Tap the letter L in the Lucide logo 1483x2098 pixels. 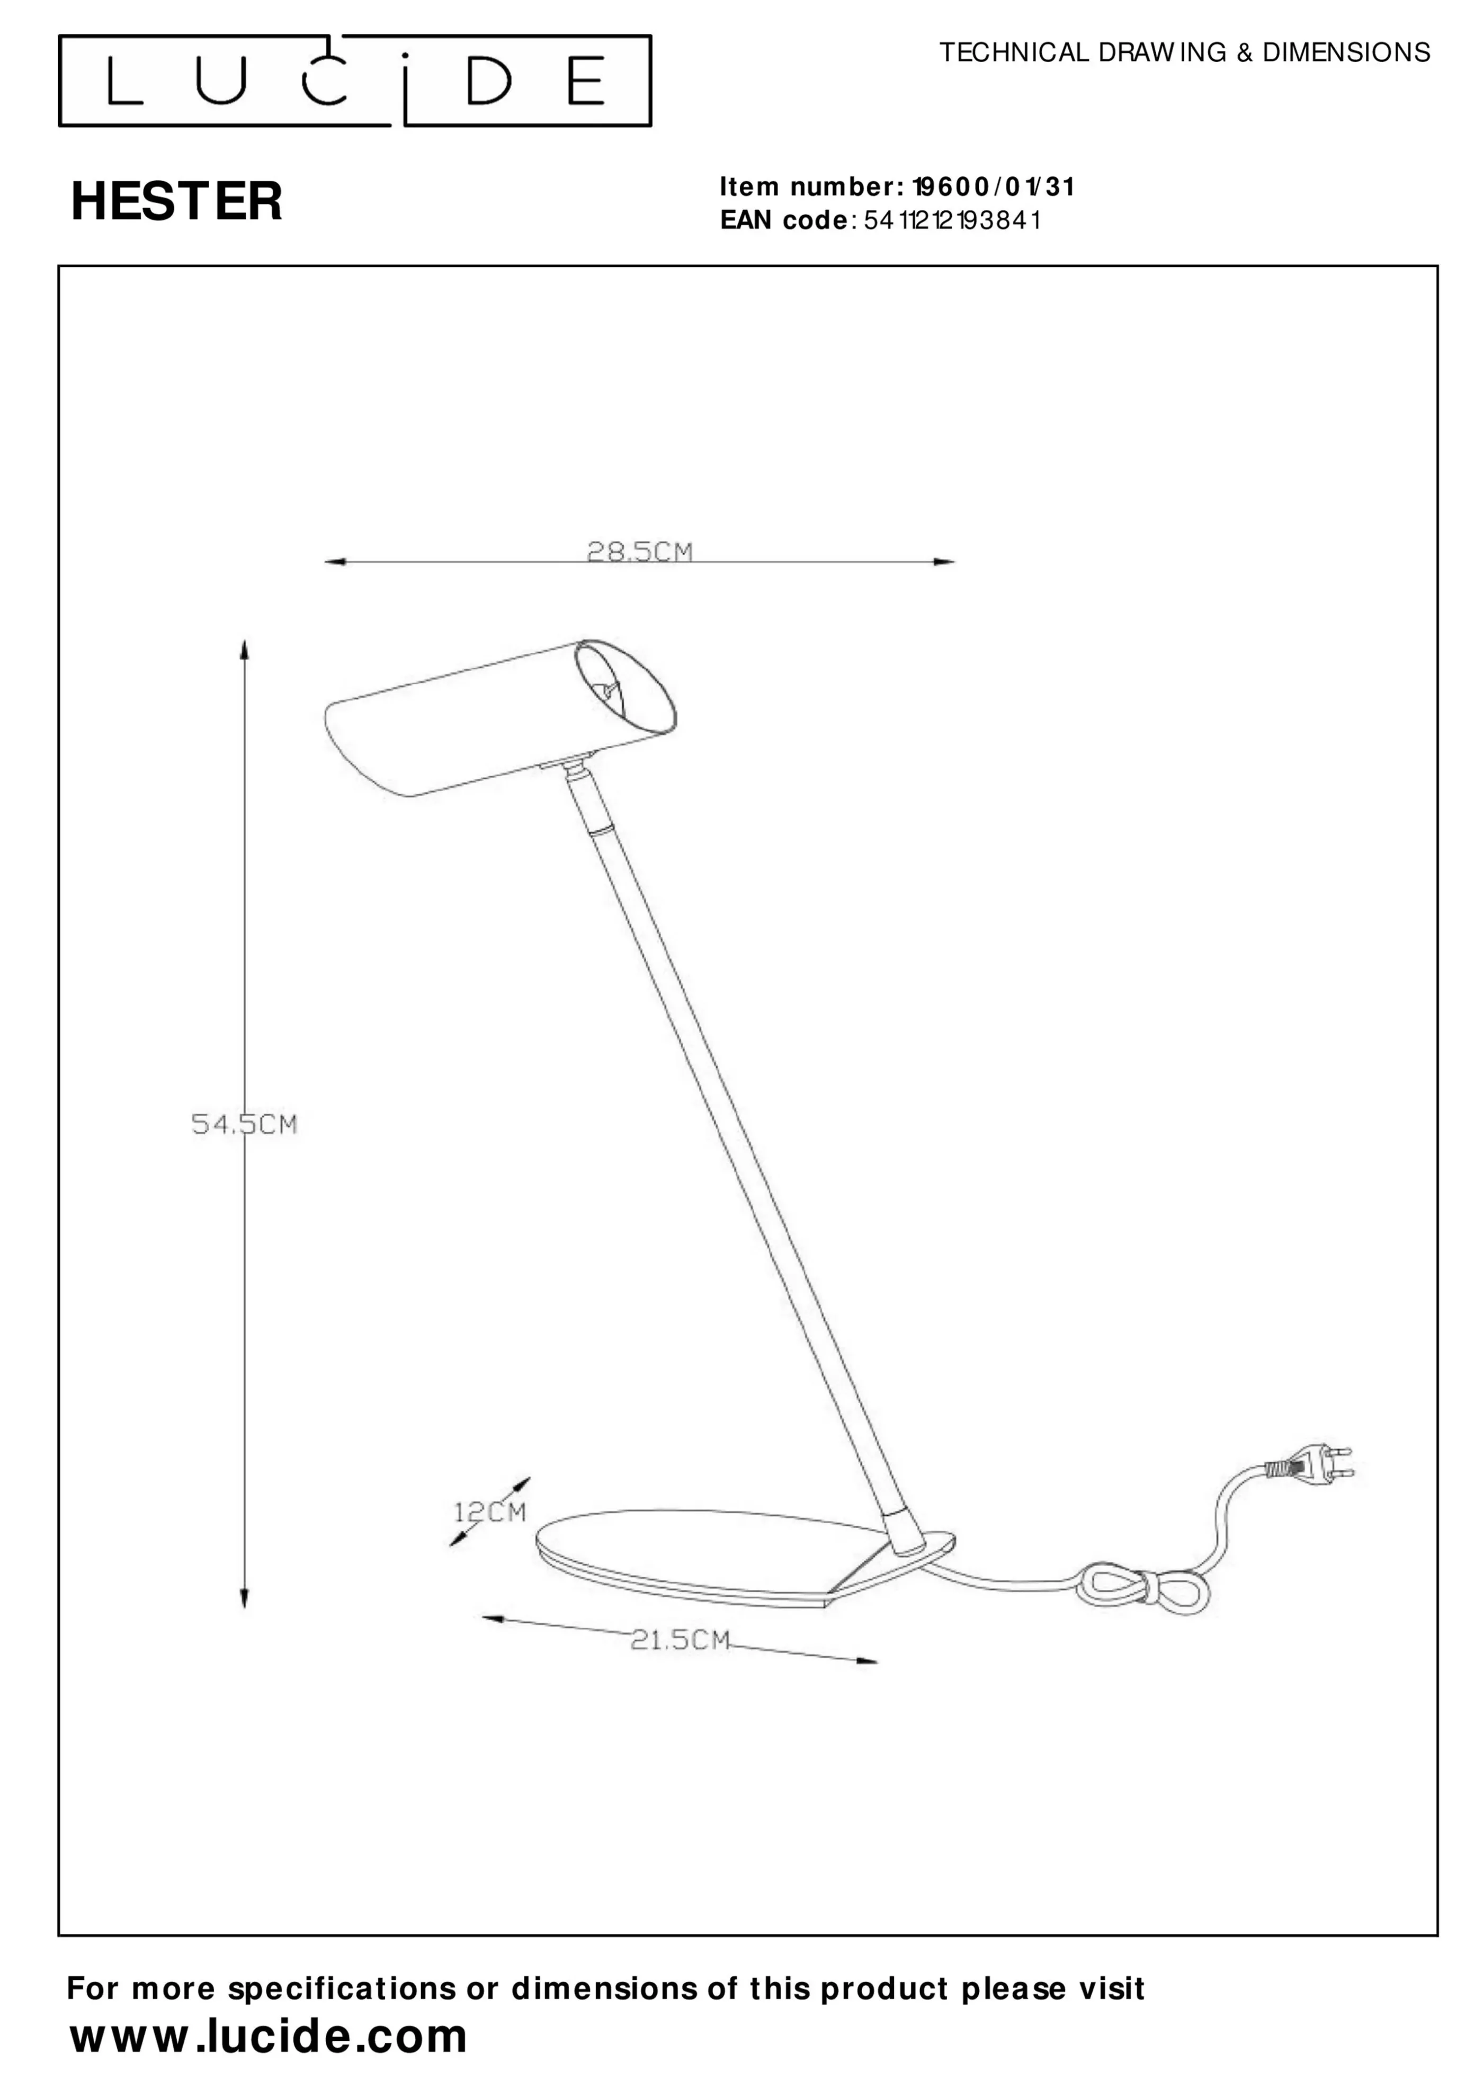point(124,81)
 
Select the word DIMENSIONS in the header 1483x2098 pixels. point(1346,53)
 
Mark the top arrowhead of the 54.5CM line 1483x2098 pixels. point(244,649)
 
